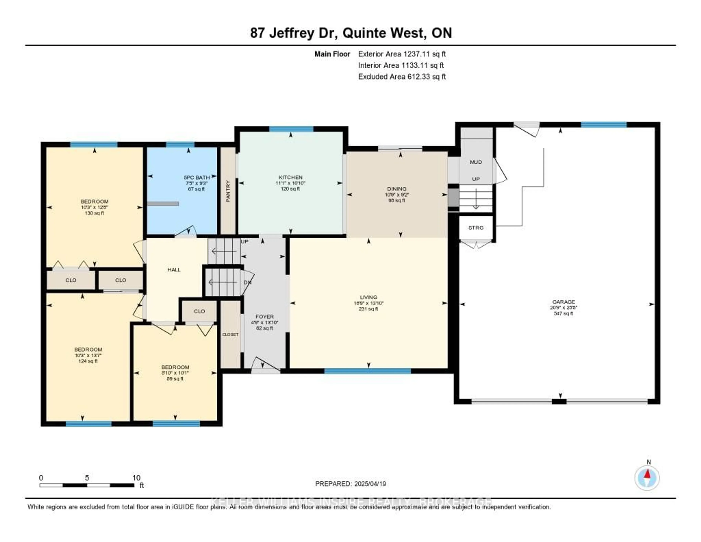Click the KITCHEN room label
point(290,177)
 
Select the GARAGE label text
point(563,302)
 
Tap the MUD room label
point(476,162)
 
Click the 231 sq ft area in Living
point(368,309)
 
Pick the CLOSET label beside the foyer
point(230,334)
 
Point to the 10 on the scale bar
point(136,478)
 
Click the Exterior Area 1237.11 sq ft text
point(402,54)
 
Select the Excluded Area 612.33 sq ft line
point(402,76)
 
